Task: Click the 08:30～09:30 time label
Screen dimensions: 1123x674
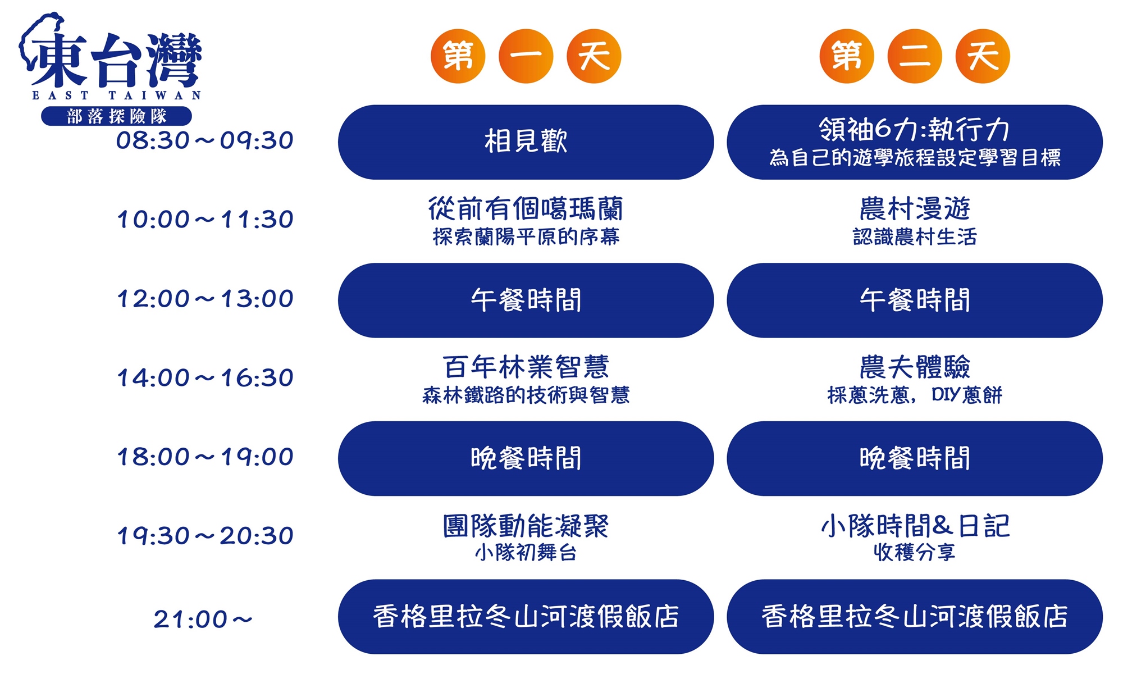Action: (x=204, y=140)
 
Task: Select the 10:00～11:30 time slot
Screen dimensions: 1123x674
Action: (x=204, y=220)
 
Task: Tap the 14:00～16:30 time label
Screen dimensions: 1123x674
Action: (x=204, y=378)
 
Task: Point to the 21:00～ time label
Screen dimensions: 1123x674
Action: (x=203, y=620)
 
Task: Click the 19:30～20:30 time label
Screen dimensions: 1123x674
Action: (x=204, y=536)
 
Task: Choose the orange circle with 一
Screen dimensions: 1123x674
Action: (x=526, y=56)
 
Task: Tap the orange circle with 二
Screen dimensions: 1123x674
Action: (x=915, y=56)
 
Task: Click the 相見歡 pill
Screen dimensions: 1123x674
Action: (x=526, y=142)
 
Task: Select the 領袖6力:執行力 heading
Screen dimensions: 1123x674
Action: (x=914, y=130)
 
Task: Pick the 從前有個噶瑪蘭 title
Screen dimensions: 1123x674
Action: (x=526, y=209)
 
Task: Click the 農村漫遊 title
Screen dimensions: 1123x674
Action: (x=915, y=209)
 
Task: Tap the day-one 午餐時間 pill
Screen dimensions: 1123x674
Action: (x=526, y=300)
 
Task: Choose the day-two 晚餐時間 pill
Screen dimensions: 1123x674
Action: (x=915, y=458)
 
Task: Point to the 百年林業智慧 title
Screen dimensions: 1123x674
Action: (x=526, y=367)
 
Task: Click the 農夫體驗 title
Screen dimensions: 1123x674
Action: (x=915, y=367)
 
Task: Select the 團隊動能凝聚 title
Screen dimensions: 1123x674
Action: (x=526, y=526)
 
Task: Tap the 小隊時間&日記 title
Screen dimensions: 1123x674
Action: (x=915, y=526)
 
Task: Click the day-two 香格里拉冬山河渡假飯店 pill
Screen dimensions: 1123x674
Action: (x=915, y=617)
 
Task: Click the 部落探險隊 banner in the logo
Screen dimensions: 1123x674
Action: (x=117, y=116)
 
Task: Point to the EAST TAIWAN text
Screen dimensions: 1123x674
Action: (x=117, y=95)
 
